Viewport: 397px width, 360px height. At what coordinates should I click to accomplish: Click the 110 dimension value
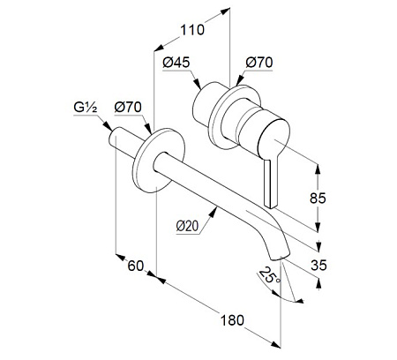tap(192, 30)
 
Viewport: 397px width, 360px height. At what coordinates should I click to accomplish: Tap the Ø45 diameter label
tap(176, 63)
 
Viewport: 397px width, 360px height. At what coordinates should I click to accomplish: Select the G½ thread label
tap(85, 108)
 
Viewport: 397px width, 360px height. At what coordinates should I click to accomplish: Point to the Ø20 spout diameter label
tap(188, 226)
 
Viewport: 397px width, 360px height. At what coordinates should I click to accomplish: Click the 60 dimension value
tap(136, 266)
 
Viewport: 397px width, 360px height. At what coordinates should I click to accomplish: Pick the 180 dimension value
tap(232, 320)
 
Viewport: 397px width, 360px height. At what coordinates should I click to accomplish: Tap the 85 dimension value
tap(318, 199)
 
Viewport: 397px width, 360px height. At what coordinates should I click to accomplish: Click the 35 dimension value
tap(318, 266)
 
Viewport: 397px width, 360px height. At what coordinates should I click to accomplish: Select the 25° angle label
tap(270, 275)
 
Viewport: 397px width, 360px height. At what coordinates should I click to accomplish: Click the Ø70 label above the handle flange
tap(259, 63)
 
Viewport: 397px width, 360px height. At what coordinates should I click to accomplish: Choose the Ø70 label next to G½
tap(128, 108)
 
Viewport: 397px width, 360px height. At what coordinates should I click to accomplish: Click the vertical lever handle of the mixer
tap(270, 183)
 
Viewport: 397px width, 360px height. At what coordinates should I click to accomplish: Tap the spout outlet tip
tap(280, 258)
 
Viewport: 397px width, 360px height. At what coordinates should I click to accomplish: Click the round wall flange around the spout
tap(159, 161)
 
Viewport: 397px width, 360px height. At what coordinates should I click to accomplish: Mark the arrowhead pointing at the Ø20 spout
tap(213, 211)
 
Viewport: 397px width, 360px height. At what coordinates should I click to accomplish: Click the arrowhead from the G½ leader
tap(109, 127)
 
